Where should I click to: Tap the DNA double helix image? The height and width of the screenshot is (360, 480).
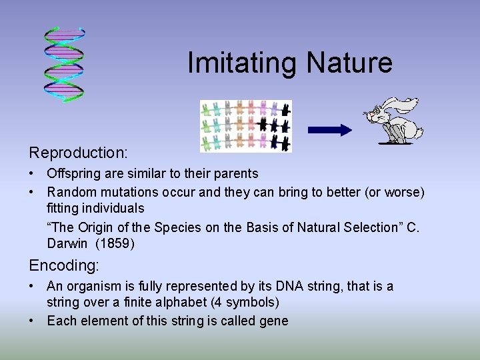[x=65, y=64]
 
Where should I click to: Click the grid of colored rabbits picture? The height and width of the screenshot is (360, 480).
[x=246, y=126]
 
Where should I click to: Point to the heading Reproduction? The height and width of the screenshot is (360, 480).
[x=78, y=153]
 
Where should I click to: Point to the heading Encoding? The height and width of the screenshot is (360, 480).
[x=64, y=265]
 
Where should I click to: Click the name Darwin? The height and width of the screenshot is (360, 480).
[x=67, y=244]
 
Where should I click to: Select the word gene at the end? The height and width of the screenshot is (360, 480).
[x=273, y=321]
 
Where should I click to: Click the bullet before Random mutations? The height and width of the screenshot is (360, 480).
[x=32, y=193]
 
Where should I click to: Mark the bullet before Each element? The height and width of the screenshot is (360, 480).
[x=32, y=321]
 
